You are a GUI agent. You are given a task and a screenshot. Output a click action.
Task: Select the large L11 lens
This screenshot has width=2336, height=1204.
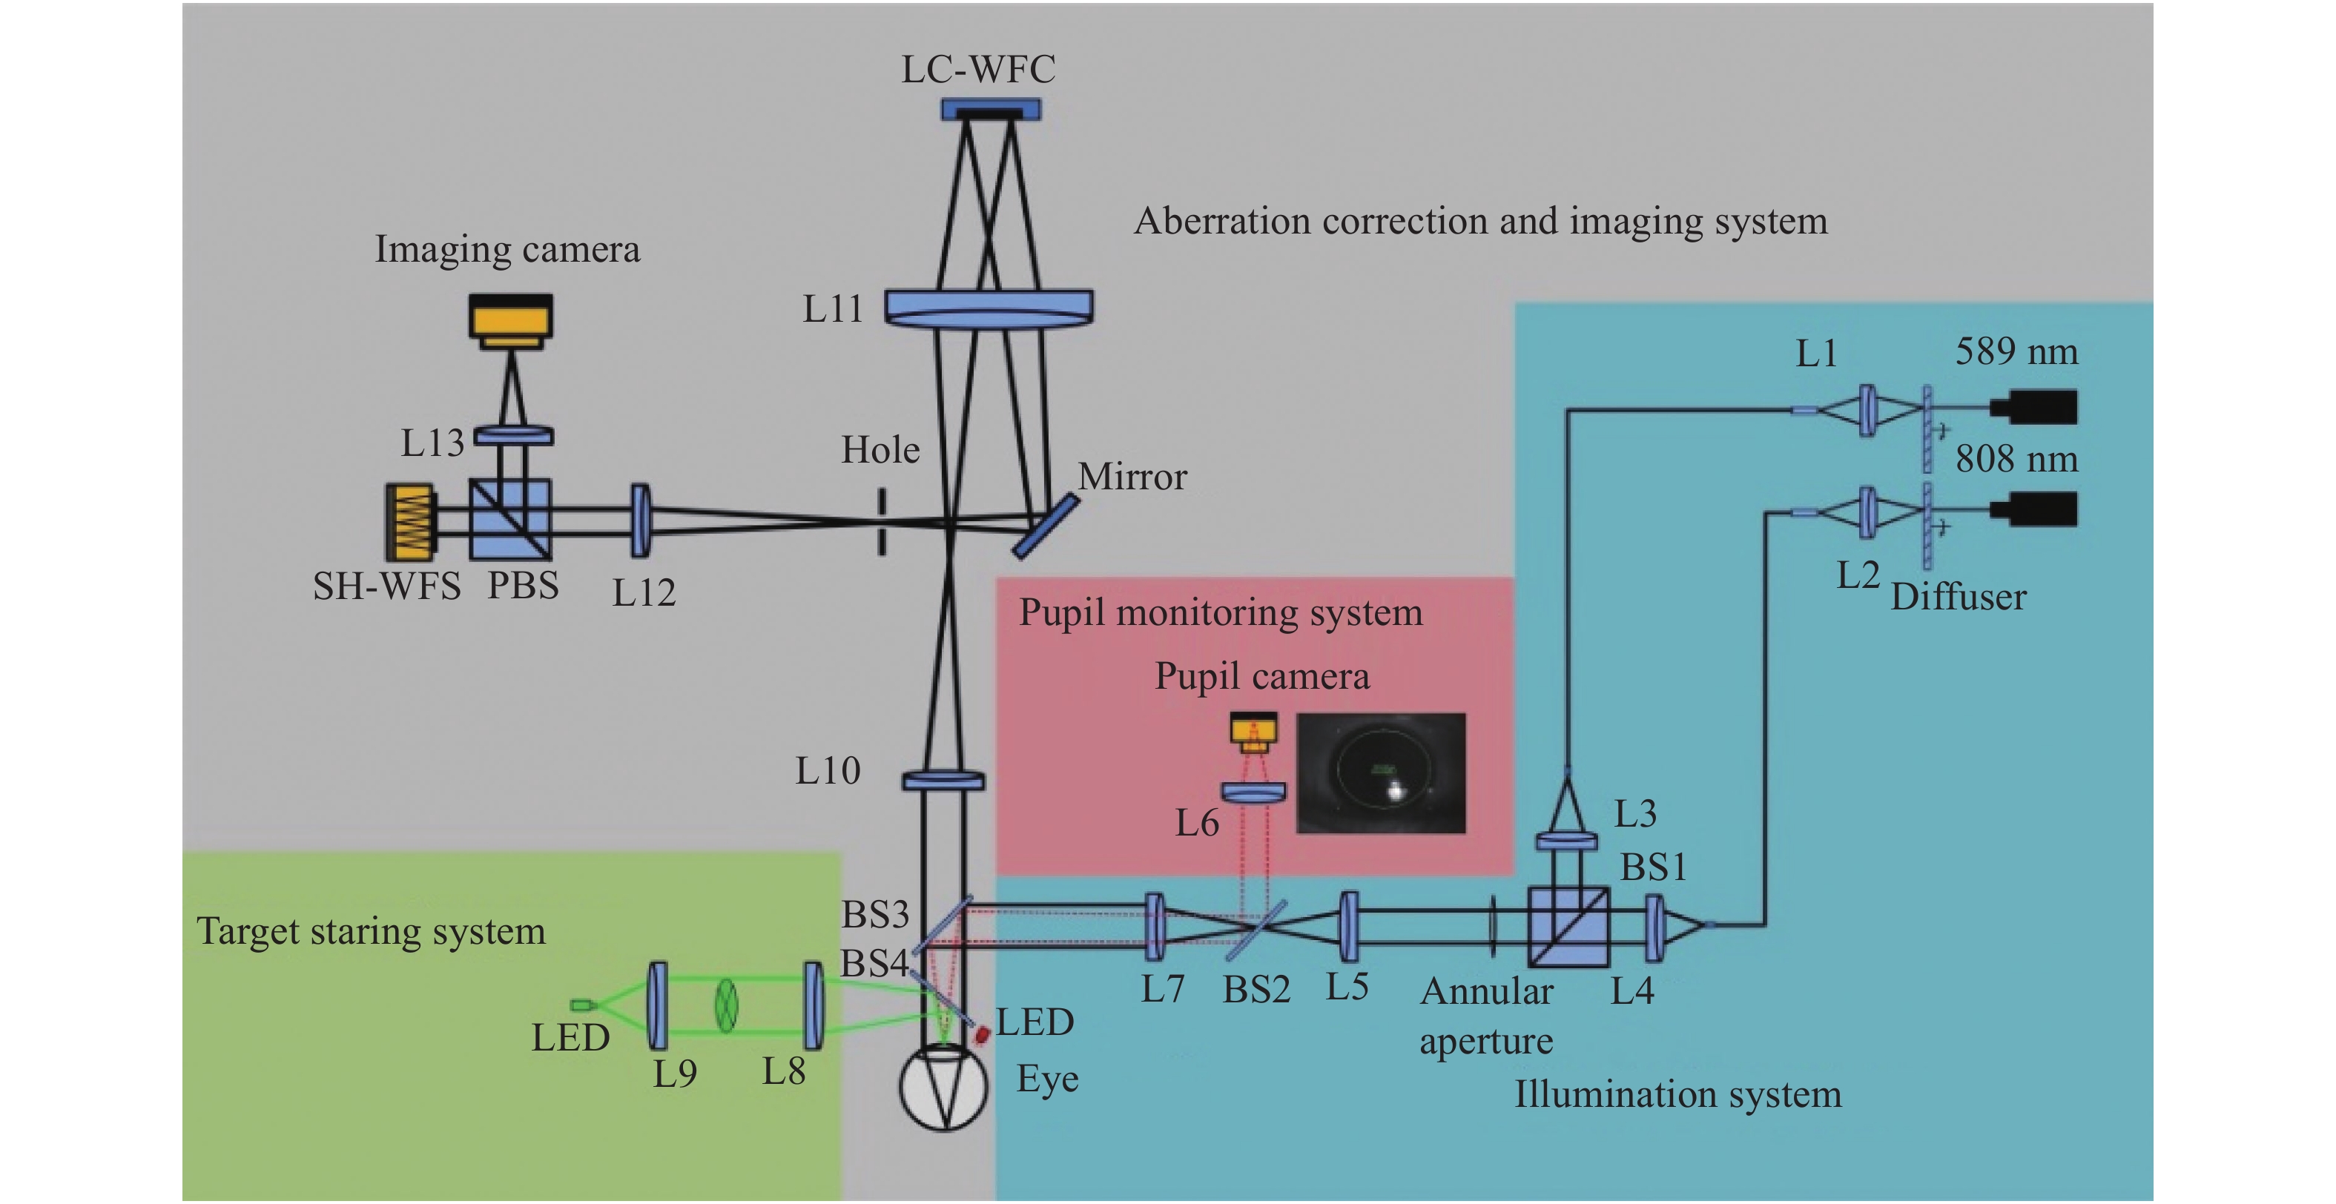point(989,308)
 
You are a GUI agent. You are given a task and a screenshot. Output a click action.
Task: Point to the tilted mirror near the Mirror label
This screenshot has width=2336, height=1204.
point(1045,526)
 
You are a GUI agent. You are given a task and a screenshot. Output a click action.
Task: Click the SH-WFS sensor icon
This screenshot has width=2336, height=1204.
point(411,521)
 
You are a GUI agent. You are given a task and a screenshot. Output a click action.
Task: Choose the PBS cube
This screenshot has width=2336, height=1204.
point(509,520)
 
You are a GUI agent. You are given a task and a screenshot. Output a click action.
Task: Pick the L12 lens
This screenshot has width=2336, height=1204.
point(640,520)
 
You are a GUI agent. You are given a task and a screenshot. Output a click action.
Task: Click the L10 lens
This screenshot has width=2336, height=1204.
point(943,780)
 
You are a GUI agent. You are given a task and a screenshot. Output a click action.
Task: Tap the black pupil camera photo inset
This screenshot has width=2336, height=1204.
point(1380,773)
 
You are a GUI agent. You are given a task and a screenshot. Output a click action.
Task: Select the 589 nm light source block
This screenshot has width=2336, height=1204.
point(2034,407)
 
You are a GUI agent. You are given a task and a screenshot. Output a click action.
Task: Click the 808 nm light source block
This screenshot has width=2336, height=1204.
point(2034,509)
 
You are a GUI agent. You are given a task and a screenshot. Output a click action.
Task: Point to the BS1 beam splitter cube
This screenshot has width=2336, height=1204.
point(1568,927)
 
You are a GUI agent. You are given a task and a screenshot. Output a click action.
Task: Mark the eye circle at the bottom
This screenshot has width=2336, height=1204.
point(943,1088)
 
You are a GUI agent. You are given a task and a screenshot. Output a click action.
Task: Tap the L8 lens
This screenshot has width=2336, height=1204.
point(814,1006)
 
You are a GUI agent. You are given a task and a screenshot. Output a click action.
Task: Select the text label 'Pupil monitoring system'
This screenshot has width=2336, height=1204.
point(1221,613)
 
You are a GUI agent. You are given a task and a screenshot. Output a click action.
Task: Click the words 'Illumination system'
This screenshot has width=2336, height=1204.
point(1677,1094)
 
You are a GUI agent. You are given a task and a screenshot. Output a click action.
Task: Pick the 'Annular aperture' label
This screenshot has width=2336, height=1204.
point(1486,1016)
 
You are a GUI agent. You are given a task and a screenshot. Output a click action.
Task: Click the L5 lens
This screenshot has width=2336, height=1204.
point(1348,927)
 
